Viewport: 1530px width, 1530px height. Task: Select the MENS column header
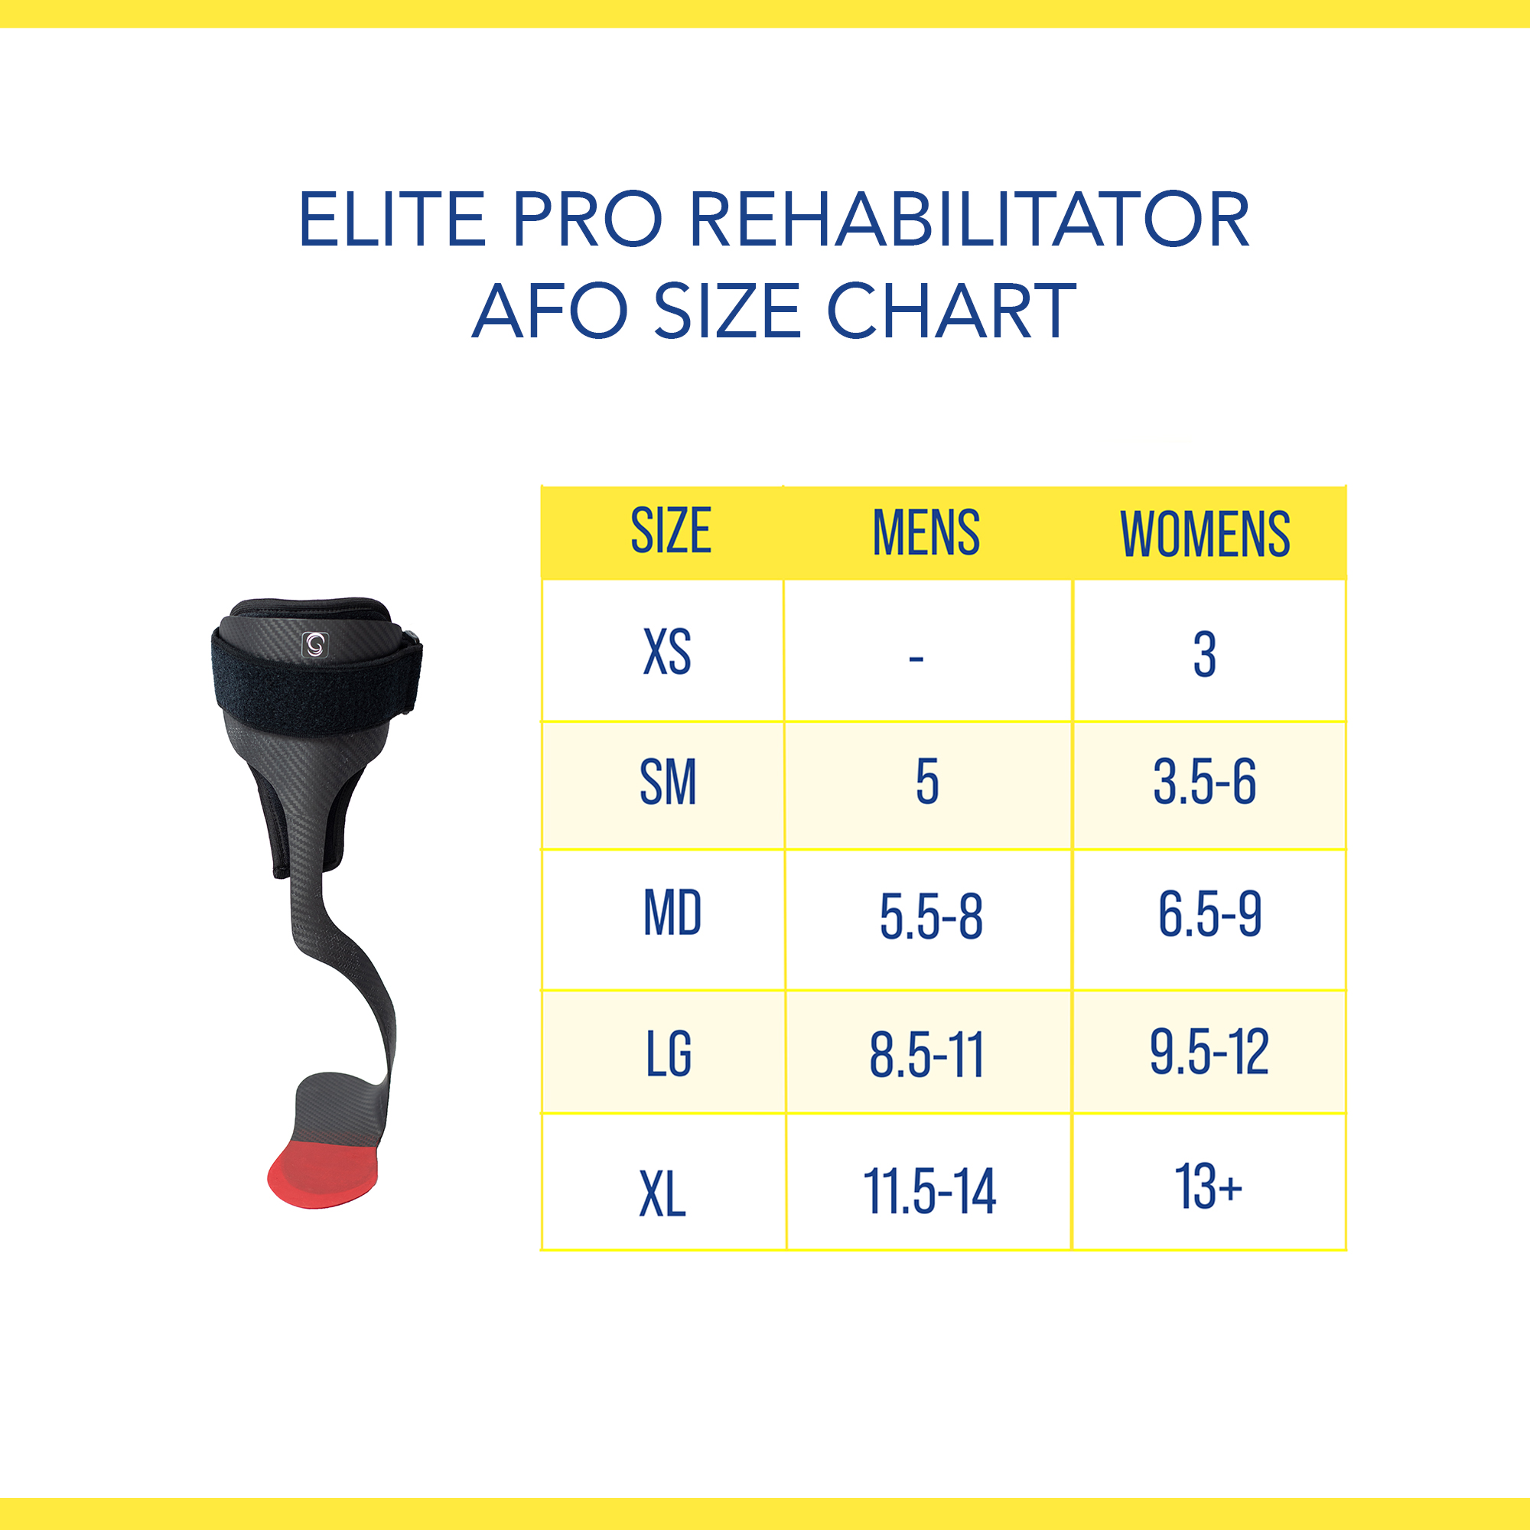click(926, 532)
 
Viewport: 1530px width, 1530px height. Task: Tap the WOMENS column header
click(1205, 534)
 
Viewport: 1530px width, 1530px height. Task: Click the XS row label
click(667, 652)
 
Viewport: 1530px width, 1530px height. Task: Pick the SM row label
click(668, 783)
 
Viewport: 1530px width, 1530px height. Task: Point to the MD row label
click(672, 913)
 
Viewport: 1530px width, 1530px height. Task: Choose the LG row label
click(669, 1053)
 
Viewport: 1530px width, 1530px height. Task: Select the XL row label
click(662, 1194)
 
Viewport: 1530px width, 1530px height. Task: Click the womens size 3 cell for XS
click(1205, 654)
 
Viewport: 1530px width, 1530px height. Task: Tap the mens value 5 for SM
click(927, 783)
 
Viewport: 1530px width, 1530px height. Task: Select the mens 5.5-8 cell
click(930, 917)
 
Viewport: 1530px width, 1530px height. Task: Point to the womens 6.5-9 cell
click(1209, 914)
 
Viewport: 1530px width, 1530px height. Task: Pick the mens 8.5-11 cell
click(926, 1055)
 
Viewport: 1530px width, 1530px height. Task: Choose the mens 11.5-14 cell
click(929, 1191)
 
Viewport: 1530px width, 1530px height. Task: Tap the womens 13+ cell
click(1208, 1187)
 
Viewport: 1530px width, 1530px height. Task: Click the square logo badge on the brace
click(315, 645)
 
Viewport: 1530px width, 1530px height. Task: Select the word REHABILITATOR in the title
click(969, 220)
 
